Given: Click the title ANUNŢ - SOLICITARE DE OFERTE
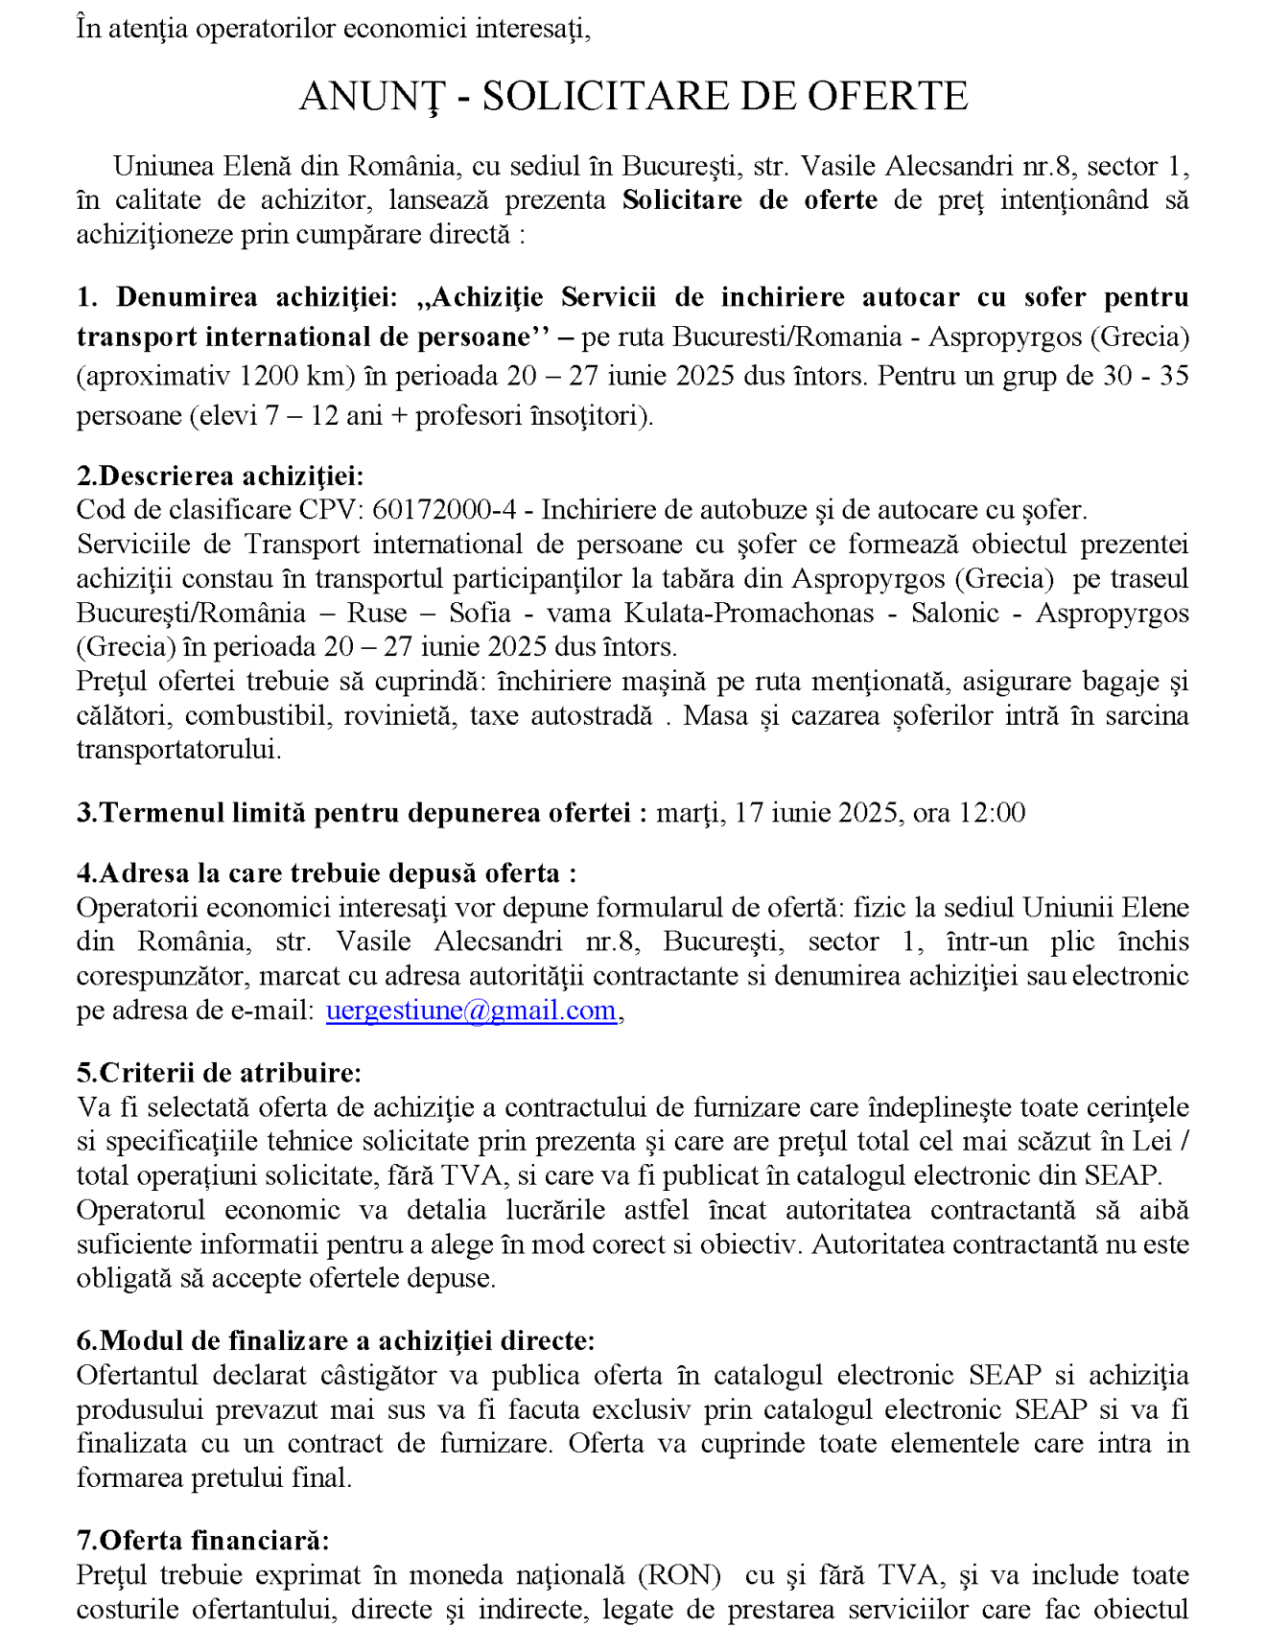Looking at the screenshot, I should tap(633, 97).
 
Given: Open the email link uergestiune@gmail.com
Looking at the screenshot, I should tap(471, 1011).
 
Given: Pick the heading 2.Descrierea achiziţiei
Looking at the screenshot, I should tap(220, 476).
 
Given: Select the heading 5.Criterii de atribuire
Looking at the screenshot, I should tap(219, 1073).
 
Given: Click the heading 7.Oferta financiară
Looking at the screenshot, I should tap(202, 1541).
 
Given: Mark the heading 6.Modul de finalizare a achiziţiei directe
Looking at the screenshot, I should tap(336, 1340).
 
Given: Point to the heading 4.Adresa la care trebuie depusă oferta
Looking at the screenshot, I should tap(326, 873).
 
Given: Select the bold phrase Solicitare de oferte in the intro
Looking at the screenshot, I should tap(749, 200).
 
